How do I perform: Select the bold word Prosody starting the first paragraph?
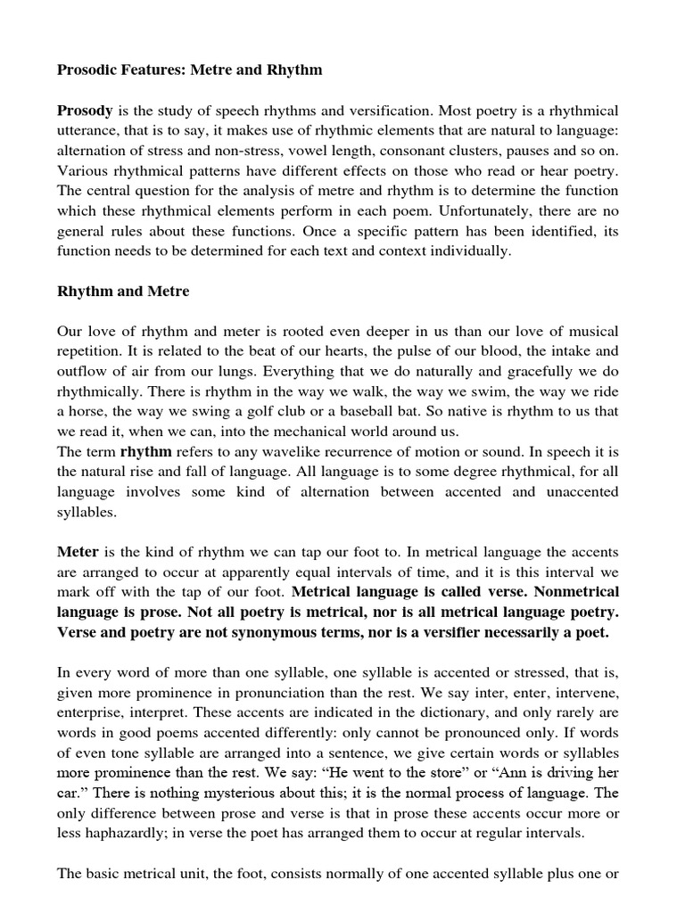coord(86,111)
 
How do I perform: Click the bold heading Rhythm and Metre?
coord(123,291)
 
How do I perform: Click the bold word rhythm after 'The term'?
coord(148,452)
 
